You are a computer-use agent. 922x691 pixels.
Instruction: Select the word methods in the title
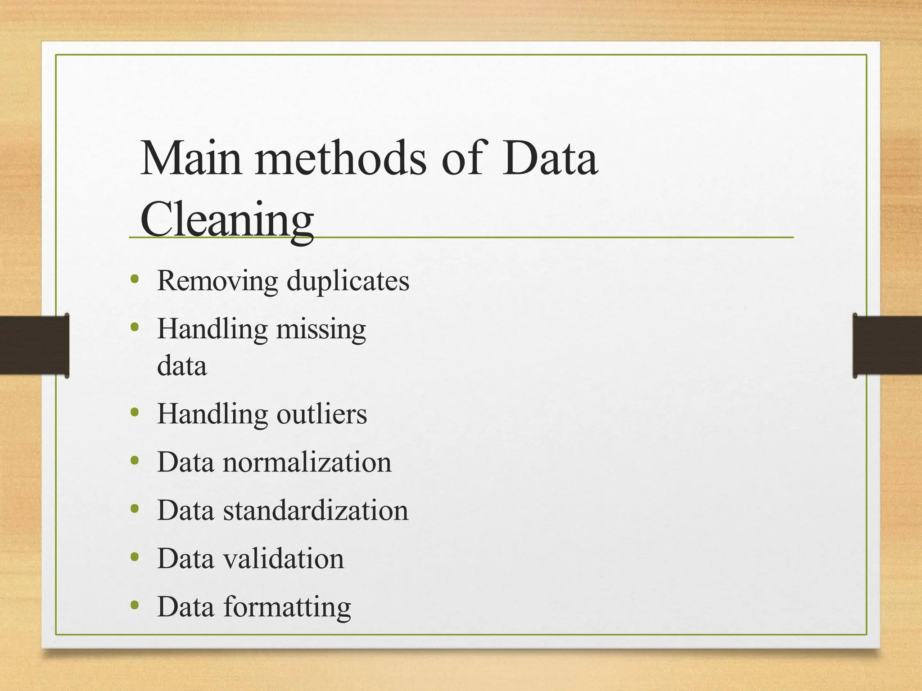click(340, 158)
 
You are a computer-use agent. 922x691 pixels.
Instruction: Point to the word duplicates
click(348, 281)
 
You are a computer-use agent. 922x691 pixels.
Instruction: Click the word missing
click(321, 329)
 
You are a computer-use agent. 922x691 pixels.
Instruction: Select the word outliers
click(321, 414)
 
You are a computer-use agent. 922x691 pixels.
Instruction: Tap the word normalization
click(307, 462)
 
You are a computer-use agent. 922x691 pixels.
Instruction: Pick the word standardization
click(316, 511)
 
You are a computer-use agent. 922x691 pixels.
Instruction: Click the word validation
click(284, 559)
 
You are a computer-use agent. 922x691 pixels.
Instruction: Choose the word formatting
click(287, 607)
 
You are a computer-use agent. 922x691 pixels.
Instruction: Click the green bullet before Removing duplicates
click(134, 279)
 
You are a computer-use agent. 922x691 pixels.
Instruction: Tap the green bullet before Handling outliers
click(134, 412)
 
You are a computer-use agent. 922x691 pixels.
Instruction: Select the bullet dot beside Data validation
click(134, 557)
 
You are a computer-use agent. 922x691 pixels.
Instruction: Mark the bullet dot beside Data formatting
click(134, 605)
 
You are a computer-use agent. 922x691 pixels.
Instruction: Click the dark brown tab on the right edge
click(887, 345)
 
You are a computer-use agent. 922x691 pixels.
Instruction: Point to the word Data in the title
click(550, 158)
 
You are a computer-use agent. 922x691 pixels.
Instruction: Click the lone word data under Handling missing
click(182, 366)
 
